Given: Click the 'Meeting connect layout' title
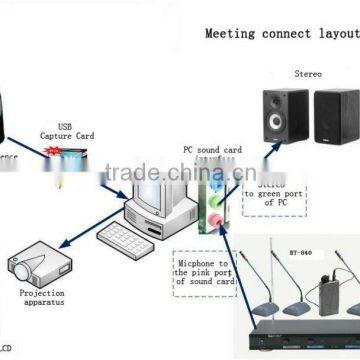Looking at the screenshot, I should tap(281, 32).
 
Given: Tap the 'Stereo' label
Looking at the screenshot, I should tap(308, 74).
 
